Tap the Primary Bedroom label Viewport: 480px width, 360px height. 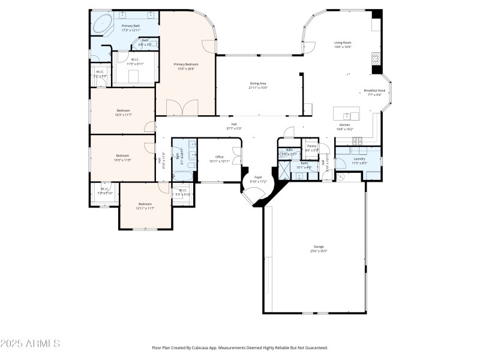coord(186,66)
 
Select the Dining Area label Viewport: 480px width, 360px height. coord(258,85)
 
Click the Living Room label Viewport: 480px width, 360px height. coord(343,44)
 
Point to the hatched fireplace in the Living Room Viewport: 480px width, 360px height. coord(376,58)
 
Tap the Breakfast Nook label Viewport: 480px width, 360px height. coord(374,92)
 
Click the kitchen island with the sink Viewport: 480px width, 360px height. coord(347,115)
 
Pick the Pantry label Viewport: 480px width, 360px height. coord(311,147)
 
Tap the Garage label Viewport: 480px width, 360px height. coord(318,248)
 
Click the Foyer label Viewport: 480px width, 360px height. coord(258,179)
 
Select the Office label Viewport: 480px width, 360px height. coord(220,158)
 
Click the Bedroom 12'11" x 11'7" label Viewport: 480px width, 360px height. coord(145,205)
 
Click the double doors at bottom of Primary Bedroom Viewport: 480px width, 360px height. coord(181,108)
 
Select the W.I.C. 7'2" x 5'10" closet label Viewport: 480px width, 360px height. coord(105,191)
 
